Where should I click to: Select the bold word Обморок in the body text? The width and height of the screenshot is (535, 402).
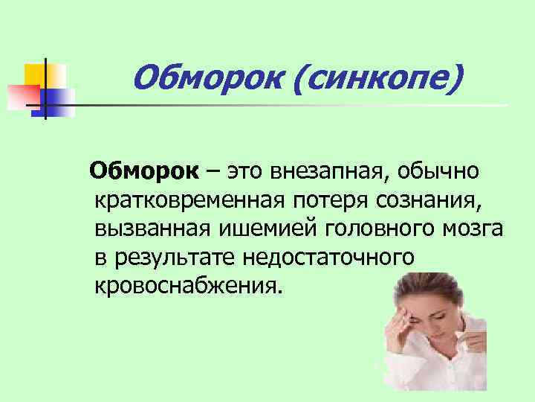pos(143,173)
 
